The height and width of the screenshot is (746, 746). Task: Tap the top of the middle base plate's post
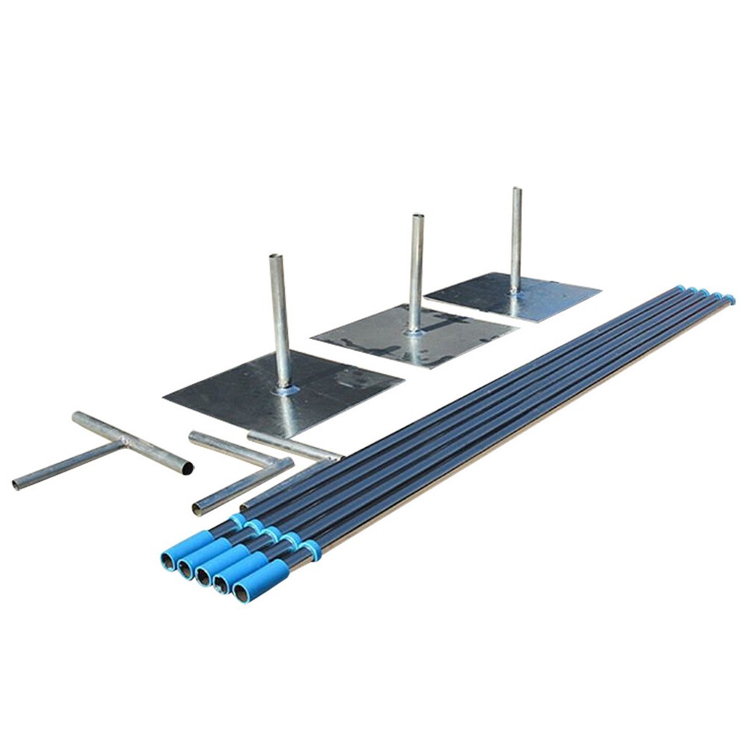click(x=417, y=217)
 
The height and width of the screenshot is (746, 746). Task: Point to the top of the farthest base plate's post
click(x=517, y=190)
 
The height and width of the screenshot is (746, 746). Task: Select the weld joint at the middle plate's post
click(x=415, y=330)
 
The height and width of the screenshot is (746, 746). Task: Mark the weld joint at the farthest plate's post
click(x=514, y=290)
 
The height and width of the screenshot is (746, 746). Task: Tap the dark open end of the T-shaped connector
click(x=187, y=469)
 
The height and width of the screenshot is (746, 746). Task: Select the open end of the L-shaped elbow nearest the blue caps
click(x=197, y=510)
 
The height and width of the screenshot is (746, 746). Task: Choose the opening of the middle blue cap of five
click(x=204, y=577)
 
